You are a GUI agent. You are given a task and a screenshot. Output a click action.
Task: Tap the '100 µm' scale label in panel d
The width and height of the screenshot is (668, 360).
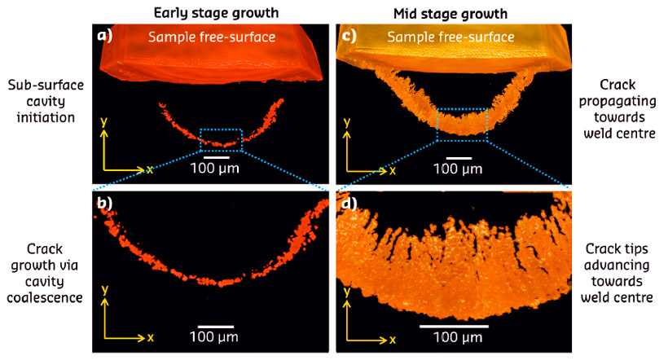coord(454,337)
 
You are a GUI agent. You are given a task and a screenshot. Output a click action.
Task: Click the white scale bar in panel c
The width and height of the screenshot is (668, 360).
coord(459,156)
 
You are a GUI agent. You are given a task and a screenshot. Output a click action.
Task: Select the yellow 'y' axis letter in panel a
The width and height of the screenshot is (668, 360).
coord(103,121)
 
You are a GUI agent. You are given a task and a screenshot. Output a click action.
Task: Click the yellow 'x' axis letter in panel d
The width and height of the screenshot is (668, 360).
coord(393,337)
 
